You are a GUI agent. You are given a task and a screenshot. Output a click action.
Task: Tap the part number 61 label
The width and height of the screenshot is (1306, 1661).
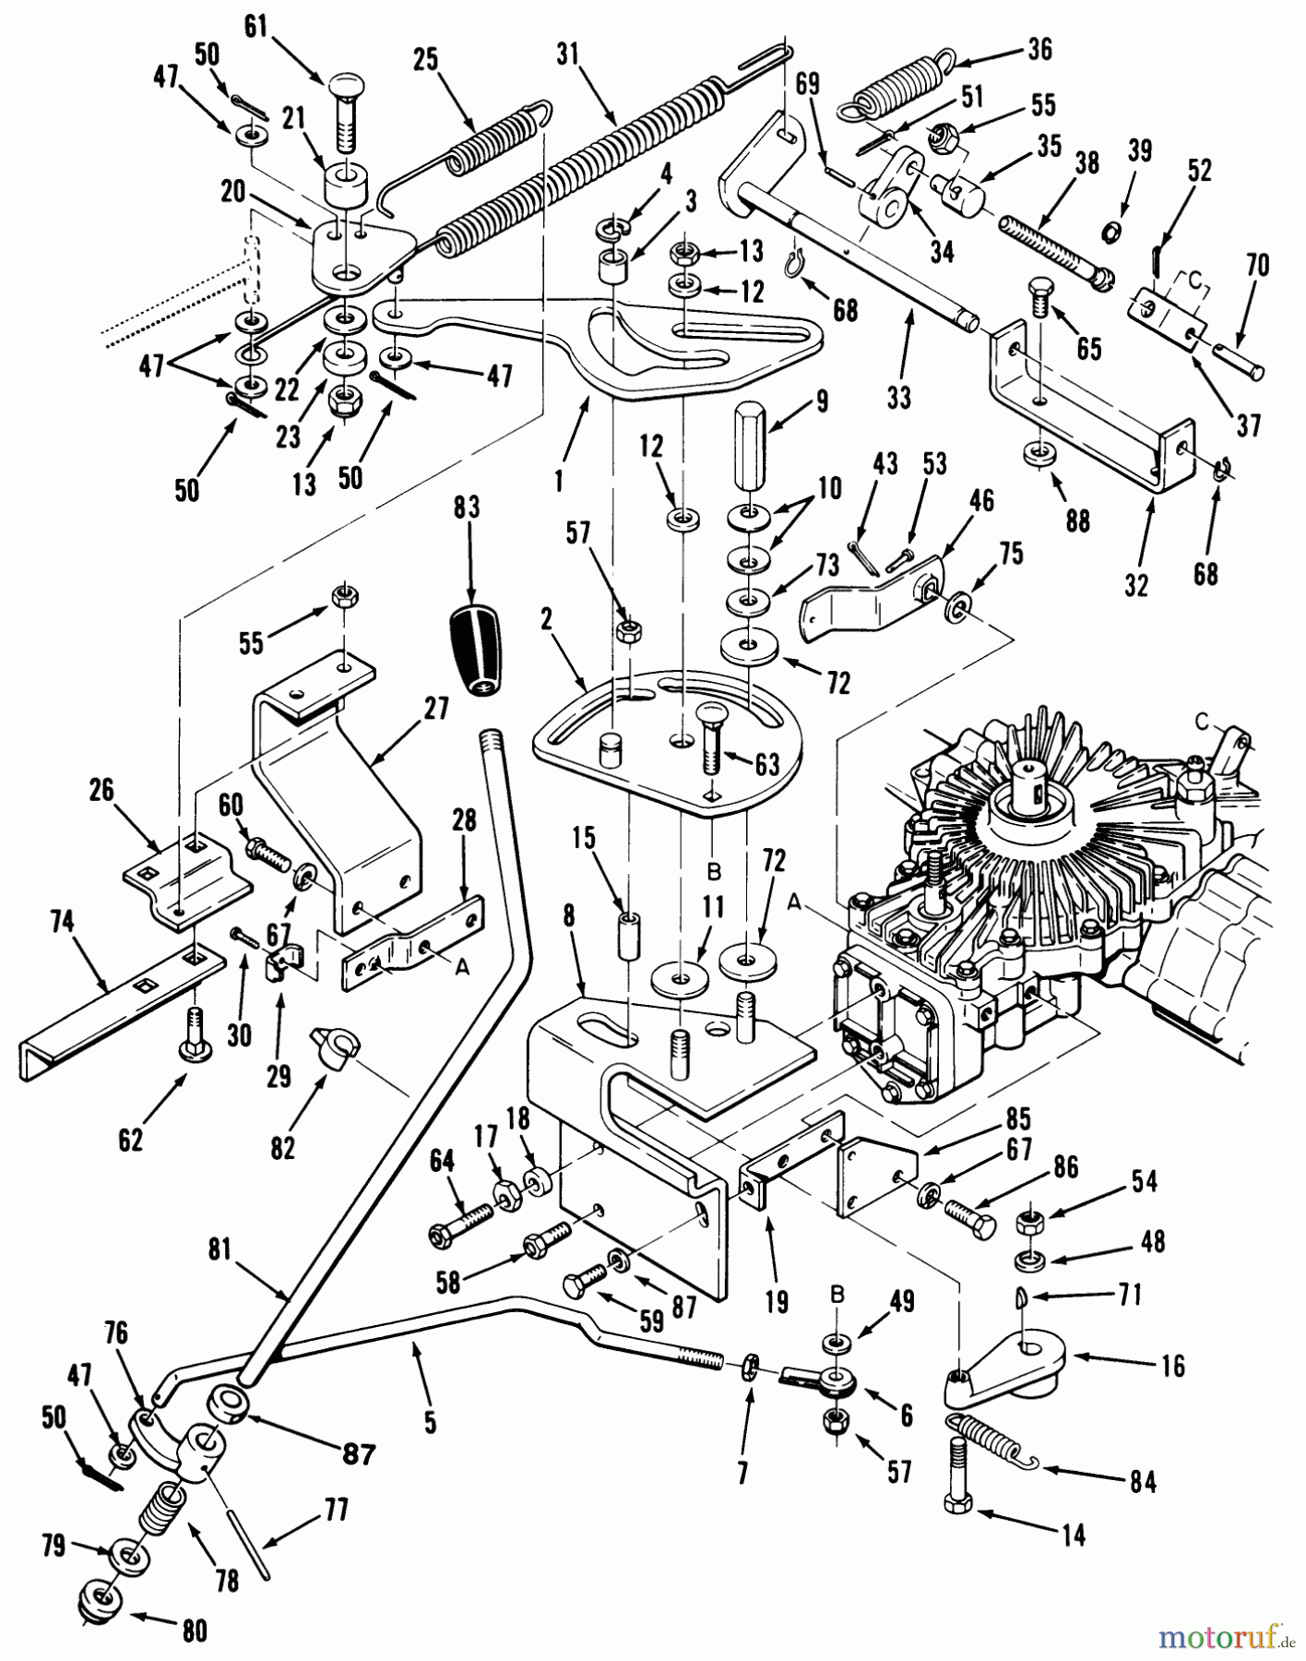255,27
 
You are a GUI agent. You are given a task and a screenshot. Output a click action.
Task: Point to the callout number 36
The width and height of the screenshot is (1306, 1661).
1039,49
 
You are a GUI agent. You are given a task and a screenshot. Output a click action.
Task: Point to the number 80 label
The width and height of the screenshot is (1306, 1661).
193,1631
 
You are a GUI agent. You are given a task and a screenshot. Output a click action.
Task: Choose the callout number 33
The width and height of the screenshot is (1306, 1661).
897,397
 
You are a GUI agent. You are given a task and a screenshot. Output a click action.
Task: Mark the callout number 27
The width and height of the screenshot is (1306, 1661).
435,709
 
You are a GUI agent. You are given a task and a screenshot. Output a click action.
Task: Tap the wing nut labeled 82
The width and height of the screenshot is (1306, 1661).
338,1046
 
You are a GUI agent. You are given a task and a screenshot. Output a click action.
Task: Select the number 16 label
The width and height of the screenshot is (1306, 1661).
1171,1366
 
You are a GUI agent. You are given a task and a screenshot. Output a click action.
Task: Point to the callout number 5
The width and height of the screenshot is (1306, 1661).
430,1422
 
